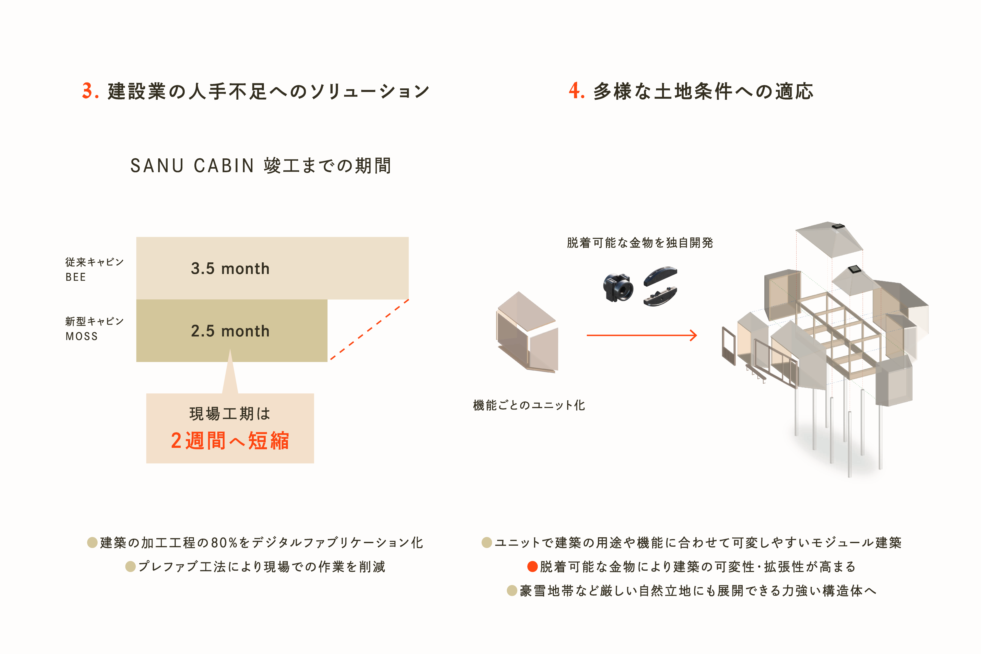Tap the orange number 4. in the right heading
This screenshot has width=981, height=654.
576,91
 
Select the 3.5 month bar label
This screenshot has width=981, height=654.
230,268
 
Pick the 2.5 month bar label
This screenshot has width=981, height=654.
230,331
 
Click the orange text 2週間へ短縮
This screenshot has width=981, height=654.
230,441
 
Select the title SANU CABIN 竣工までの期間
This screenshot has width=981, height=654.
261,166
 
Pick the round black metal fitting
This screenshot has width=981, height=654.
618,287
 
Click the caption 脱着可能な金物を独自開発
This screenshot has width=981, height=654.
640,243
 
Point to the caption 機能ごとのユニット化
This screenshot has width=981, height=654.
529,405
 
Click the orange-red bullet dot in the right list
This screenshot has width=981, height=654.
532,566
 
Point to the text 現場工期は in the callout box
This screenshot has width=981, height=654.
230,414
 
